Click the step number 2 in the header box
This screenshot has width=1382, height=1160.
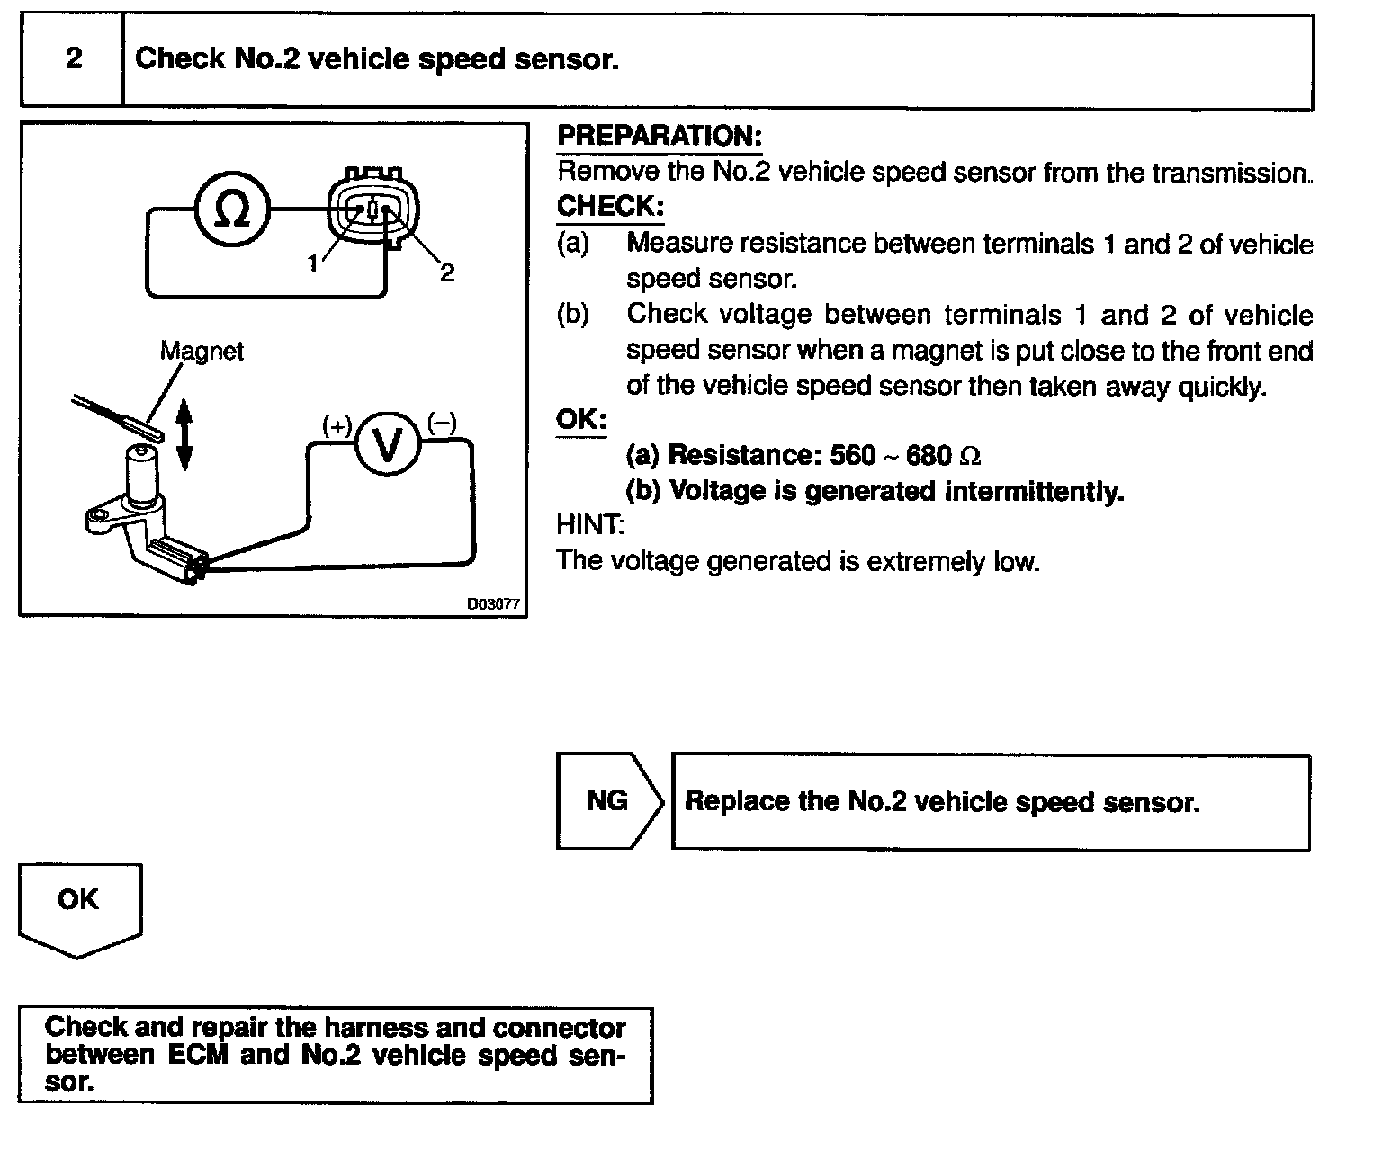tap(74, 59)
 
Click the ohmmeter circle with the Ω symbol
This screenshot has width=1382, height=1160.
tap(233, 210)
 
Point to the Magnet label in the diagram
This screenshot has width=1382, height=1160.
tap(202, 351)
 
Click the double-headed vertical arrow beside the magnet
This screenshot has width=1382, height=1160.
tap(184, 435)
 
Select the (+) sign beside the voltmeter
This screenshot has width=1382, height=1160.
tap(337, 426)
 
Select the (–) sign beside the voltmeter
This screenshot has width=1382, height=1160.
tap(442, 422)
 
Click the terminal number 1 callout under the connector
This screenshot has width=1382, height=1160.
tap(312, 263)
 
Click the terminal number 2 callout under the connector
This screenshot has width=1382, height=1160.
tap(447, 272)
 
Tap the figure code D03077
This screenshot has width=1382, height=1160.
tap(493, 604)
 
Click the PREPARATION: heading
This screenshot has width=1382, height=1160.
tap(660, 136)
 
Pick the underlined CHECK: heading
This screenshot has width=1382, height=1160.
tap(610, 206)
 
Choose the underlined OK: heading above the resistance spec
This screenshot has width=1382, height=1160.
tap(581, 419)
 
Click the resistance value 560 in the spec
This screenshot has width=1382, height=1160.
tap(852, 455)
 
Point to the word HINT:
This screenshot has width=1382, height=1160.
tap(590, 524)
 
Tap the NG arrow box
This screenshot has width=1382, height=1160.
tap(608, 800)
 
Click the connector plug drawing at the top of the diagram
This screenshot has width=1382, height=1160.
tap(372, 210)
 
